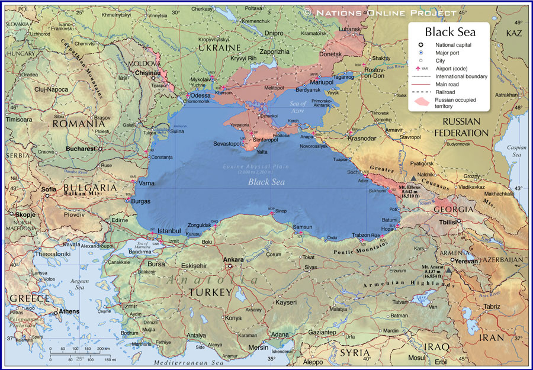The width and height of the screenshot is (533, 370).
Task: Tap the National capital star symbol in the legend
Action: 420,45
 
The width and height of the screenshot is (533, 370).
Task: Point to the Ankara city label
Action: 233,259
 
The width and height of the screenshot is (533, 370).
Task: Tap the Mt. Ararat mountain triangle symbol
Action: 448,271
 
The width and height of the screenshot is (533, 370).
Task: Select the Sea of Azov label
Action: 314,108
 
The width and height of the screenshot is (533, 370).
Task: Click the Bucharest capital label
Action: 81,149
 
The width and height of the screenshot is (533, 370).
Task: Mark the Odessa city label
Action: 200,95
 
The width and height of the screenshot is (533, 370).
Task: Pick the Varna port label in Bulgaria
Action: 146,184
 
